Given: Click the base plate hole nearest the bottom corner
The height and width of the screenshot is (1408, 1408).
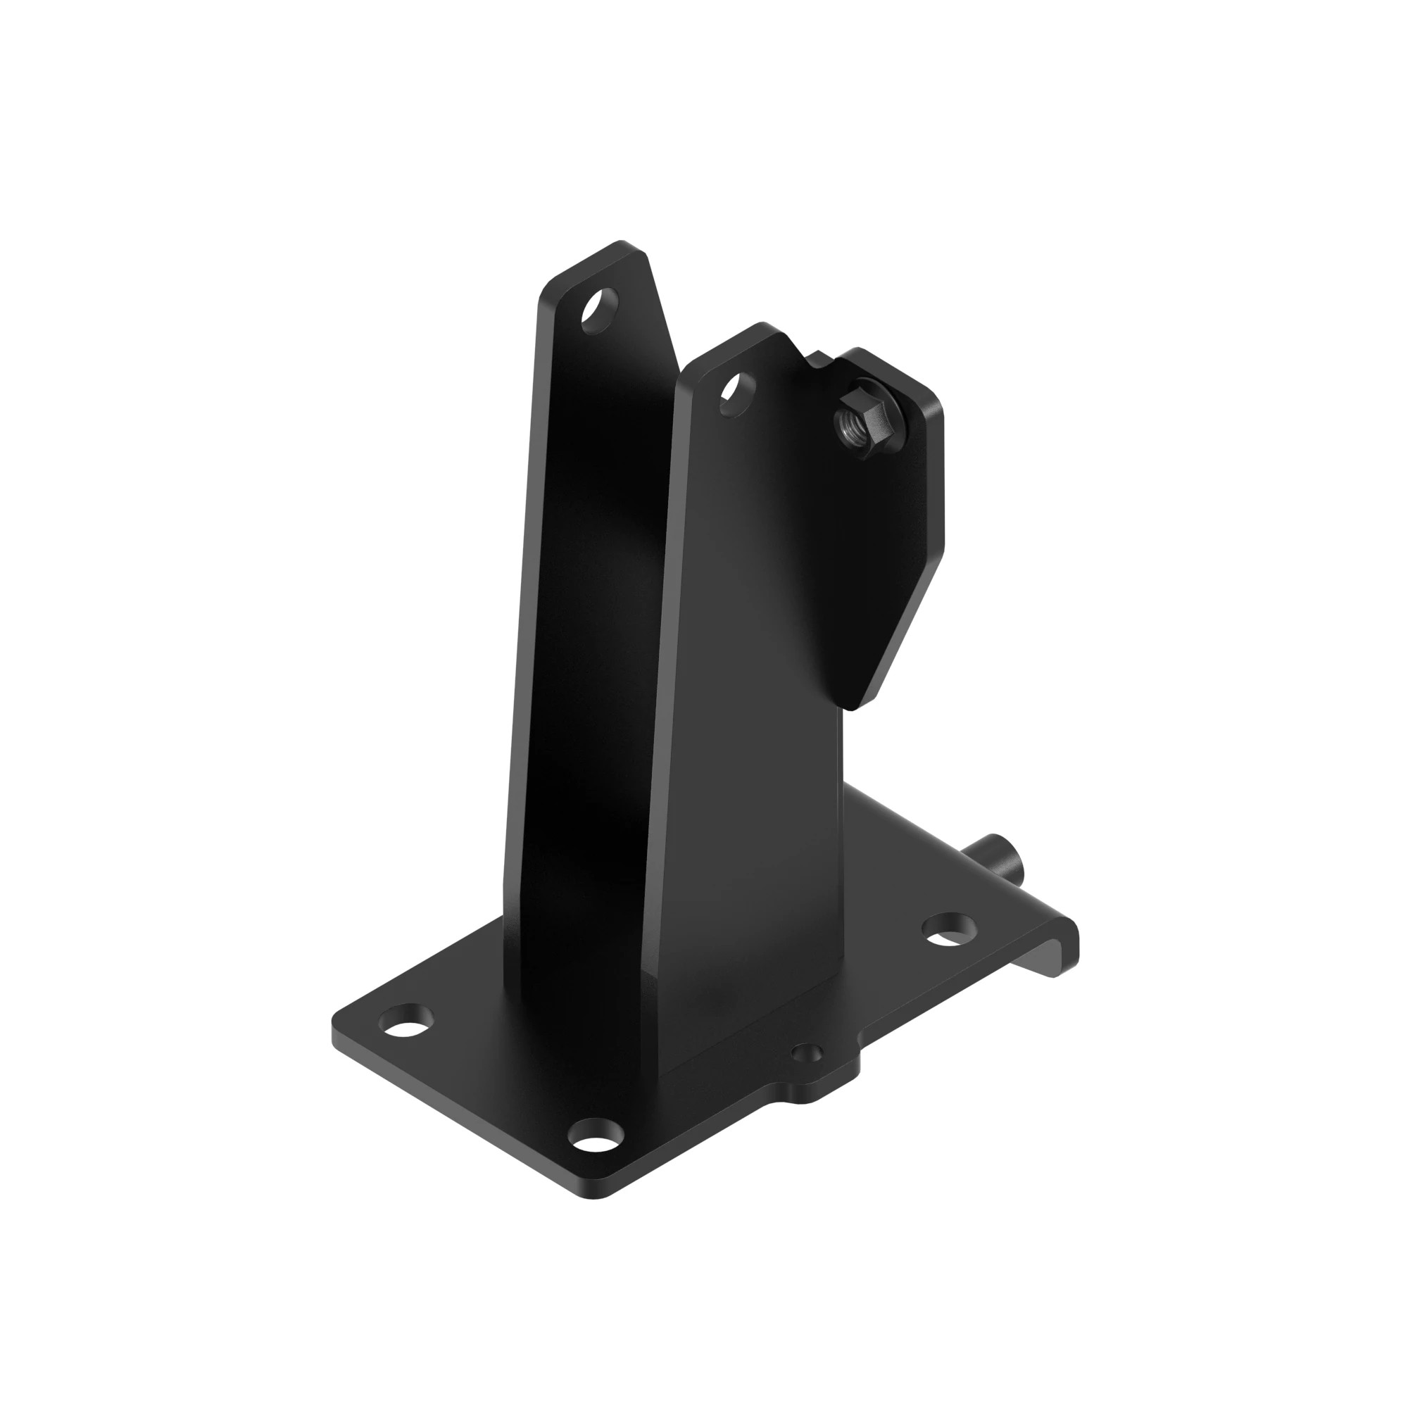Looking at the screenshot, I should click(x=596, y=1155).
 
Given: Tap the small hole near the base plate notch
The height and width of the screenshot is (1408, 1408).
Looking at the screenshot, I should click(x=806, y=1054).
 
